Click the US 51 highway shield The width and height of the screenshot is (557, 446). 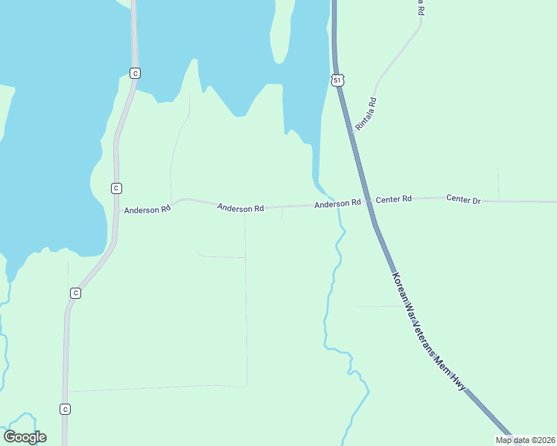[x=337, y=79]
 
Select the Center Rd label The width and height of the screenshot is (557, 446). [x=393, y=199]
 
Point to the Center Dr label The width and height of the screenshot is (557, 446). [x=463, y=199]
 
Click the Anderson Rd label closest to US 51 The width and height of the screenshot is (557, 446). [x=337, y=203]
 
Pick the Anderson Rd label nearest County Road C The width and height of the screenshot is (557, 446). [x=147, y=210]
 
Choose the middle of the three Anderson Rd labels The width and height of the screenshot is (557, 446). [x=241, y=208]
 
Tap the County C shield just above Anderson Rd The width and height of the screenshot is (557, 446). [x=116, y=188]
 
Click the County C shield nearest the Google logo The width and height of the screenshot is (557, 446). [x=66, y=409]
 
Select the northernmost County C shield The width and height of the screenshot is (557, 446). [x=135, y=73]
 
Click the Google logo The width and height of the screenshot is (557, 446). [x=25, y=437]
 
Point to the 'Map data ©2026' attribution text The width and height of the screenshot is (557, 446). [x=525, y=440]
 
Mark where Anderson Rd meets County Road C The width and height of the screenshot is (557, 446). [x=117, y=210]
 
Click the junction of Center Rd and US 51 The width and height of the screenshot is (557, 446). [x=368, y=201]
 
